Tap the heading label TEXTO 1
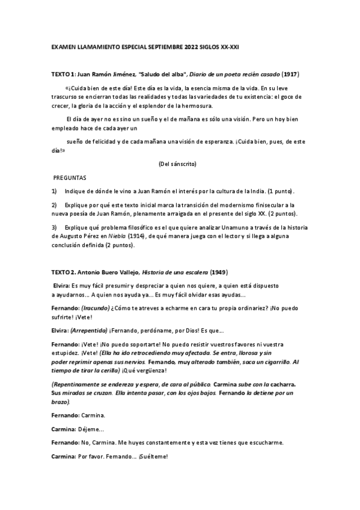pyautogui.click(x=63, y=74)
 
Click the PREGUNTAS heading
pyautogui.click(x=70, y=179)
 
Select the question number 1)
pyautogui.click(x=54, y=191)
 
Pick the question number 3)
pyautogui.click(x=54, y=227)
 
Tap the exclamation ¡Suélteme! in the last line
pyautogui.click(x=153, y=456)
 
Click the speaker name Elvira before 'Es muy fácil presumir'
pyautogui.click(x=61, y=286)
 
